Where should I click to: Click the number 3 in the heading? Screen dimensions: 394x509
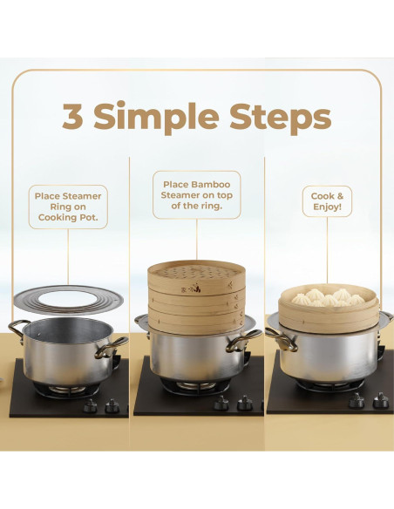[x=72, y=115]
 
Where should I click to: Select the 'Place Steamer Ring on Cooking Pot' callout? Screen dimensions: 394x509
[x=68, y=207]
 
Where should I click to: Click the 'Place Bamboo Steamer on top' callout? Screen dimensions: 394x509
[x=197, y=194]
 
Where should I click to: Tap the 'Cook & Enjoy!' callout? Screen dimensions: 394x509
[x=327, y=201]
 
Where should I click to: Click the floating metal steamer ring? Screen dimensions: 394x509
[x=69, y=300]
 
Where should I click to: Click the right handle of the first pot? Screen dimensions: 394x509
[x=111, y=348]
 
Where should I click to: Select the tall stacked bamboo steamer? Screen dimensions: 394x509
[x=196, y=297]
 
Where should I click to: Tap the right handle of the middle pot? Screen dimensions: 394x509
[x=243, y=340]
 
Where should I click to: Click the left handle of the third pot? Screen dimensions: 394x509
[x=282, y=339]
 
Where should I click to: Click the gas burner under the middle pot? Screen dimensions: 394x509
[x=196, y=385]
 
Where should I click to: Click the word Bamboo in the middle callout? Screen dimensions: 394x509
[x=211, y=185]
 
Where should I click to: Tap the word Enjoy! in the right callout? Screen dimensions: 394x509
[x=327, y=207]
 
